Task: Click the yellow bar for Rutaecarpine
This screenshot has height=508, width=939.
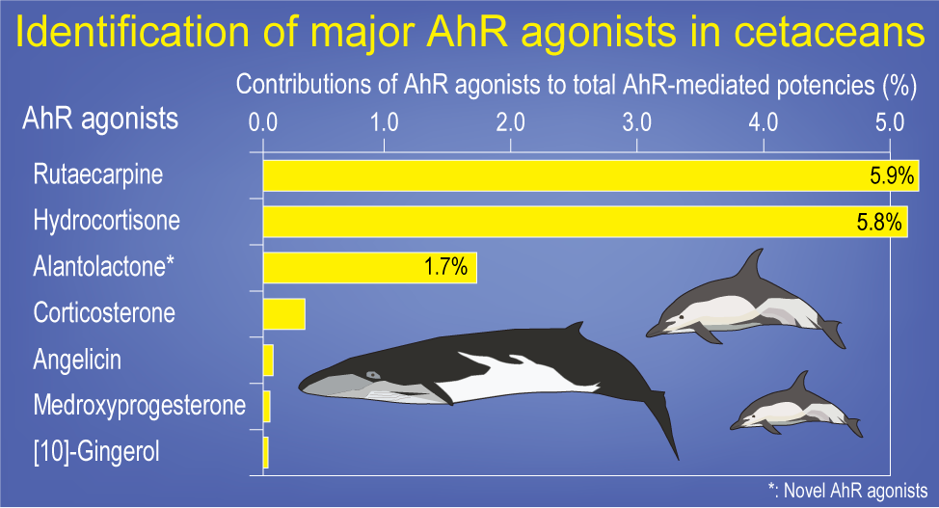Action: coord(591,175)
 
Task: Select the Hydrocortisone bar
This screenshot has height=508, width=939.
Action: coord(586,222)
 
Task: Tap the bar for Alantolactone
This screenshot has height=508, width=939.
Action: coord(370,268)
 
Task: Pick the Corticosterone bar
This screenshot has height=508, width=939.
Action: coord(284,314)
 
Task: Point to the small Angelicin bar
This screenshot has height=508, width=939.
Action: coord(268,360)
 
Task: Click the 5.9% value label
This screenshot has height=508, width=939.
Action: coord(892,176)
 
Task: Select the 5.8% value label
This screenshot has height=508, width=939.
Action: coord(879,223)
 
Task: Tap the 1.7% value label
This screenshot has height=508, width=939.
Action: coord(445,267)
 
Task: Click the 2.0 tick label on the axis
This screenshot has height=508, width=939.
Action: coord(510,122)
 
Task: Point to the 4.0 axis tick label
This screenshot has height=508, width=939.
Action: coord(764,122)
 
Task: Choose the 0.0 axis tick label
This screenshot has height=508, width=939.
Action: coord(263,122)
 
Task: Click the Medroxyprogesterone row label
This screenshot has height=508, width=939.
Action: coord(140,406)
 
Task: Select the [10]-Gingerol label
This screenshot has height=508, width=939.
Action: coord(96,451)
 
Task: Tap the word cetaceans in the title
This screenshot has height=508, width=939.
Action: coord(829,32)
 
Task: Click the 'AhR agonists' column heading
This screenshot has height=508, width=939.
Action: coord(100,119)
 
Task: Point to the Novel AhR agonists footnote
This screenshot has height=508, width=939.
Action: coord(848,491)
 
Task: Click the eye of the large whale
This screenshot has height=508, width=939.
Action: coord(373,376)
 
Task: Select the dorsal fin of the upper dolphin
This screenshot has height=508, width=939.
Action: coord(750,265)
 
